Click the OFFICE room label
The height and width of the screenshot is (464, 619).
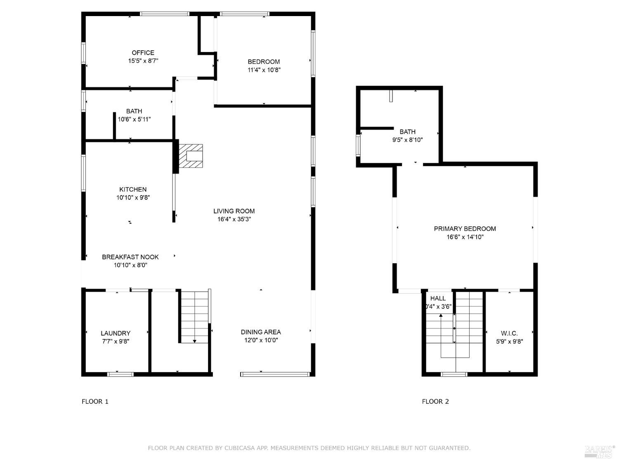point(143,53)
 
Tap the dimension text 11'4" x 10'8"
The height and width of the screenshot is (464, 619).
point(264,70)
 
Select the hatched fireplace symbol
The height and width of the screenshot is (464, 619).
point(191,156)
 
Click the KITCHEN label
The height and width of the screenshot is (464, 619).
point(133,190)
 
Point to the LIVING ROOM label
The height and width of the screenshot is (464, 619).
point(234,211)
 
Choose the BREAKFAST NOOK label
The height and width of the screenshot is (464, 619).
point(130,257)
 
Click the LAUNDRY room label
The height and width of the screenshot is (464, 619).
point(116,333)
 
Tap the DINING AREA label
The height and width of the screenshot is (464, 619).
point(261,332)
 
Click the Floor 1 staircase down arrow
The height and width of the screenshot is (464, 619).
point(194,340)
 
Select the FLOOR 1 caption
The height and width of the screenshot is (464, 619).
point(95,401)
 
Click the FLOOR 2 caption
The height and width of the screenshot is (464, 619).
point(435,401)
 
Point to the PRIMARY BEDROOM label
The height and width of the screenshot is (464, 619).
point(465,229)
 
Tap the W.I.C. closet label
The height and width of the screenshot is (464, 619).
point(509,333)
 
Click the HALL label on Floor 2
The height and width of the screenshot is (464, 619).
point(438,299)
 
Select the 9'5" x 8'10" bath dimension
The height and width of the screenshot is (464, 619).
point(407,140)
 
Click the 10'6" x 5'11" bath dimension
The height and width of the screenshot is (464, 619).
point(134,120)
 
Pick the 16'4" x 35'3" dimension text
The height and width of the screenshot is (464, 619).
point(234,219)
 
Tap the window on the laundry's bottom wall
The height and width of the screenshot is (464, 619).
point(120,374)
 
